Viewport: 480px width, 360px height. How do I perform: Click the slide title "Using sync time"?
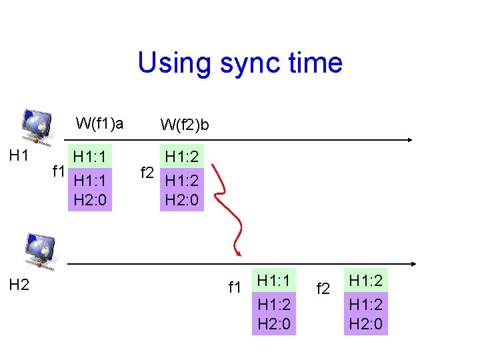pyautogui.click(x=240, y=63)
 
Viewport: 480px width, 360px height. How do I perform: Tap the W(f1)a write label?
pyautogui.click(x=99, y=123)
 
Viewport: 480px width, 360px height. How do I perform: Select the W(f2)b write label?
pyautogui.click(x=185, y=125)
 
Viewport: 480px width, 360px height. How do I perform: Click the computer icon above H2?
pyautogui.click(x=40, y=251)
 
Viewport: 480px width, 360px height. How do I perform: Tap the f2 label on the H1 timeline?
pyautogui.click(x=147, y=174)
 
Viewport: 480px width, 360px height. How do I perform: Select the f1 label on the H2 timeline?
pyautogui.click(x=234, y=288)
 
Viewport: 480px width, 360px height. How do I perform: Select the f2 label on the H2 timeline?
pyautogui.click(x=323, y=289)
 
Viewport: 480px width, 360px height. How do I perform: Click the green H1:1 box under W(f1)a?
pyautogui.click(x=91, y=157)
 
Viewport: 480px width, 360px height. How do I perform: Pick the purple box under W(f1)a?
pyautogui.click(x=91, y=190)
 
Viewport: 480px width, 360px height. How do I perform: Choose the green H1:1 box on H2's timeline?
pyautogui.click(x=273, y=279)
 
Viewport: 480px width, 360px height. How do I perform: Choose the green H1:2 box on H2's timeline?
pyautogui.click(x=366, y=279)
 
